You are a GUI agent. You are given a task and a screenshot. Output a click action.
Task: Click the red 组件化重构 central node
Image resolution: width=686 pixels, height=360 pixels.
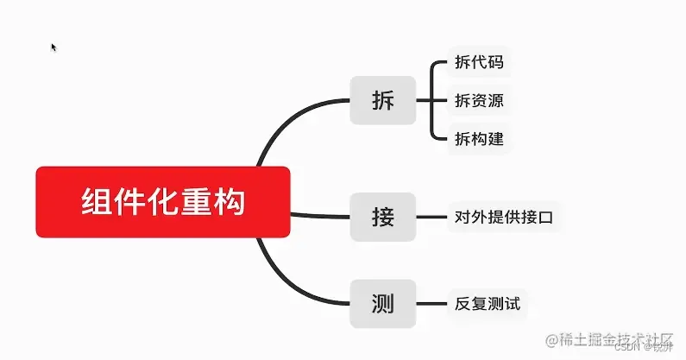click(163, 201)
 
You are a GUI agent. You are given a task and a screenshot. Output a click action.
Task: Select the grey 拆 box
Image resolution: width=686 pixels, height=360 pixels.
click(382, 100)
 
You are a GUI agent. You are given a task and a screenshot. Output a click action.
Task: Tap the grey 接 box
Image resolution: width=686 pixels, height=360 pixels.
click(382, 217)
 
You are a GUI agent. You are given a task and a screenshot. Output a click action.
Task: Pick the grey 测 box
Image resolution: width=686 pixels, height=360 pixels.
click(382, 303)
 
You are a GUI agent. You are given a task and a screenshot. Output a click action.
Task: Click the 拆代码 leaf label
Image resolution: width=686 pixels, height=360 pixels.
click(479, 62)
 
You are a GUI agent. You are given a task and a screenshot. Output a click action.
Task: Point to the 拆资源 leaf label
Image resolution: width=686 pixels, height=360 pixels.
click(479, 100)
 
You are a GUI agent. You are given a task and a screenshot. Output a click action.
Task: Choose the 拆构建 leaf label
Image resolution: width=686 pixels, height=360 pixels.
click(479, 138)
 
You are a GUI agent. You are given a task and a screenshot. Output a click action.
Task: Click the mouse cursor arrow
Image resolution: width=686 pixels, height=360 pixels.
click(53, 47)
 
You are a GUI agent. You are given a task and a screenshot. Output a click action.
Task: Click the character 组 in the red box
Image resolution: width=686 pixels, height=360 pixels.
click(95, 202)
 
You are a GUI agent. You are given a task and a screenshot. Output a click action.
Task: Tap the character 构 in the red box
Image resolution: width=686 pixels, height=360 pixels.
click(230, 202)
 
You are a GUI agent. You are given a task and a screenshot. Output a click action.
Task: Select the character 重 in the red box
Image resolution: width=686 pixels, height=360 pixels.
click(197, 202)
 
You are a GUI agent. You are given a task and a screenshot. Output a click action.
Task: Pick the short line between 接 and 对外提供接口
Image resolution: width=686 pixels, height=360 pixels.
click(428, 217)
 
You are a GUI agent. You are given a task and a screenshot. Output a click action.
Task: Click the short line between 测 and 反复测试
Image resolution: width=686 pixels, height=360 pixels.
click(428, 303)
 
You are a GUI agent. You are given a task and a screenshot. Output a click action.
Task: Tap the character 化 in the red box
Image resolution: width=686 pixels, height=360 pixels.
click(162, 202)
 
